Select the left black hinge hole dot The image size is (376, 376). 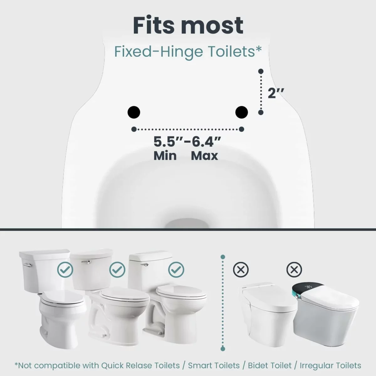[134, 112]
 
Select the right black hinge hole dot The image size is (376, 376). [242, 112]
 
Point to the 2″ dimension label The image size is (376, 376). [276, 93]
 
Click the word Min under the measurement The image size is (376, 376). [165, 156]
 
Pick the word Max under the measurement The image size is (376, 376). [205, 156]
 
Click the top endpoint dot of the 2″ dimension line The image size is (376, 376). [261, 71]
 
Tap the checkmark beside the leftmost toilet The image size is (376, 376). [65, 270]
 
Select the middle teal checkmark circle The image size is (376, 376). [117, 270]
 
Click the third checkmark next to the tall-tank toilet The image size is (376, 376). [176, 270]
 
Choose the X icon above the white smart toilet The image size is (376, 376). [241, 270]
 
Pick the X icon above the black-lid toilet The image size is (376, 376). [294, 270]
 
